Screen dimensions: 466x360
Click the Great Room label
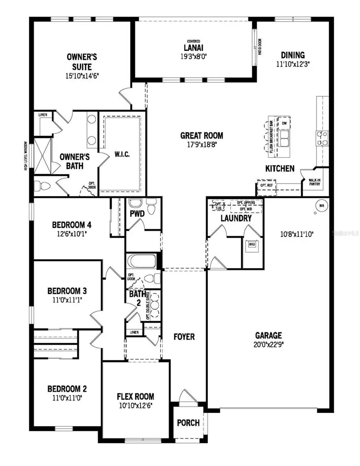[202, 136]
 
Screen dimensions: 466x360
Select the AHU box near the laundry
[252, 244]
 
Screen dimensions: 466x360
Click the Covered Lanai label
[194, 48]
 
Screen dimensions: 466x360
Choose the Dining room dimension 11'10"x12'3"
[293, 63]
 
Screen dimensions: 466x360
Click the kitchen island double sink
[285, 138]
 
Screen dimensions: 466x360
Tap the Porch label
[188, 423]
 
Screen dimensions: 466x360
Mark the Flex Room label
[135, 397]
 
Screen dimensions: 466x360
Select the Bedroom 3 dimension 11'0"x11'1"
[67, 299]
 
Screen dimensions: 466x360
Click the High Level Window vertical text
[26, 156]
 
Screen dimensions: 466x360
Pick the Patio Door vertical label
[260, 46]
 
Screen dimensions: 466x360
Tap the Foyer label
[184, 337]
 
